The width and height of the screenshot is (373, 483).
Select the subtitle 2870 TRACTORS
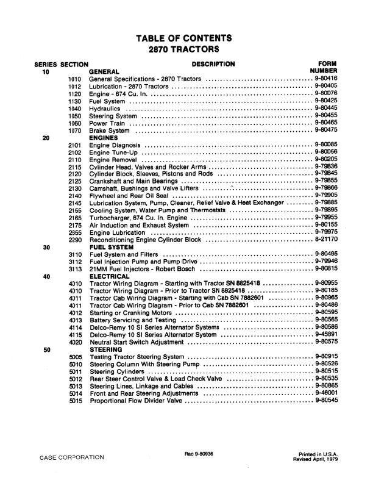tap(186, 51)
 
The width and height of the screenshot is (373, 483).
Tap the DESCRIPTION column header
tap(213, 63)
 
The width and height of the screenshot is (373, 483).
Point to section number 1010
tap(76, 79)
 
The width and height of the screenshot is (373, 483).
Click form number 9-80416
tap(326, 79)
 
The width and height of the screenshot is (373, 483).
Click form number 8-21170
tap(326, 240)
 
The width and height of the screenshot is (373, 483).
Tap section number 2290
tap(76, 240)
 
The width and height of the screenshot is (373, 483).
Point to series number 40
tap(46, 276)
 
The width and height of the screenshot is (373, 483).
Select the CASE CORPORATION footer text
tap(72, 457)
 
